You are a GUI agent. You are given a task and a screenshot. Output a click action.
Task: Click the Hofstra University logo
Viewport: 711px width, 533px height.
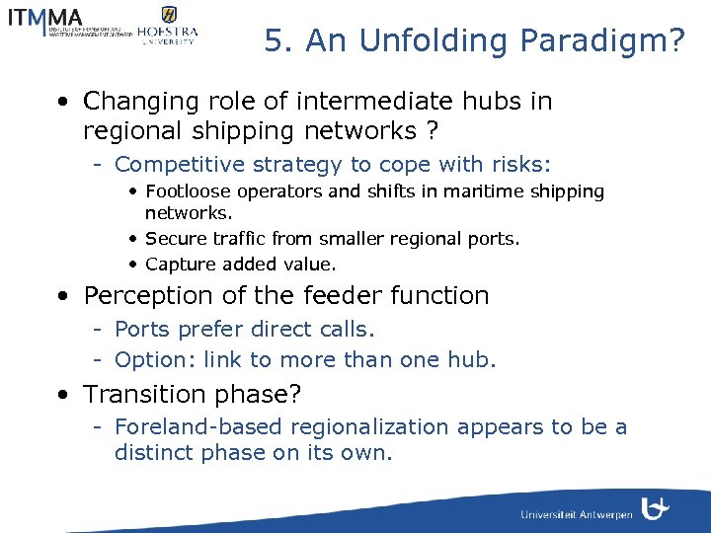[x=168, y=25]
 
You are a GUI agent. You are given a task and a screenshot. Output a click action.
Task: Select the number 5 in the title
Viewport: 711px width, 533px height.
[x=275, y=41]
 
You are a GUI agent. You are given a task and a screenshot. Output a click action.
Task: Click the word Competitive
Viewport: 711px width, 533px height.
[x=174, y=165]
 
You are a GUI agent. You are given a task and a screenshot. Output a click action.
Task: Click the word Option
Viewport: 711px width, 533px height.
[x=150, y=360]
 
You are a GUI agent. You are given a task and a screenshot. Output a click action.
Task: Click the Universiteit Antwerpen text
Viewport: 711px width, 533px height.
[x=576, y=515]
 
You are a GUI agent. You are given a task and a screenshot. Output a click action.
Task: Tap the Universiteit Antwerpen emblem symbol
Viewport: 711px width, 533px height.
[x=656, y=508]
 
